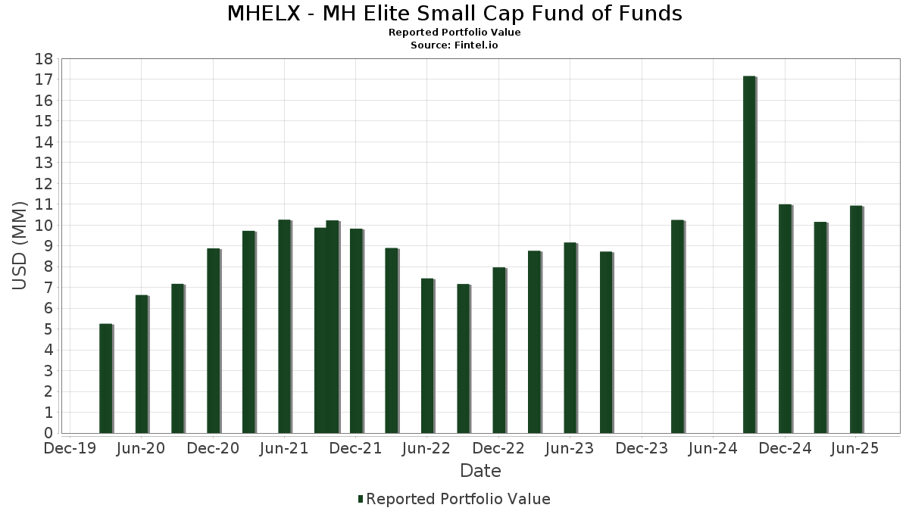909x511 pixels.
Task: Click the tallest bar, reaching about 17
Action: [x=749, y=254]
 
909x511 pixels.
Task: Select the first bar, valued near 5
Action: [x=105, y=379]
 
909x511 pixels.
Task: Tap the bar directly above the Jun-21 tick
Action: [x=284, y=326]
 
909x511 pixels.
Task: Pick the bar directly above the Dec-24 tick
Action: [x=785, y=319]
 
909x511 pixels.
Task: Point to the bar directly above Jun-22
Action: [x=427, y=356]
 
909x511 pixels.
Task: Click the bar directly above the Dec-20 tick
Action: [x=213, y=341]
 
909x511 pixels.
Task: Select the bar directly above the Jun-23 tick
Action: [x=570, y=338]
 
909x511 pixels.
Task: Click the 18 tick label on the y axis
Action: [x=43, y=59]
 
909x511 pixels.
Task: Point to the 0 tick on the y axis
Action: [x=48, y=433]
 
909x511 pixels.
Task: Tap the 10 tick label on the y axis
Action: [x=43, y=226]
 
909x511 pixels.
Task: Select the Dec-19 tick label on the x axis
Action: [x=70, y=449]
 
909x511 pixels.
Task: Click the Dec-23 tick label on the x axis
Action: [x=641, y=449]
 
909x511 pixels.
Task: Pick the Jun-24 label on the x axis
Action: [x=712, y=449]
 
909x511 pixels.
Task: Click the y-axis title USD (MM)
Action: [x=20, y=246]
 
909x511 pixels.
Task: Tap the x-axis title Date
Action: [x=480, y=471]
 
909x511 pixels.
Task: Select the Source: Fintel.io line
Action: [x=454, y=45]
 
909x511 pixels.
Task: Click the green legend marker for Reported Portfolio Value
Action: [x=361, y=499]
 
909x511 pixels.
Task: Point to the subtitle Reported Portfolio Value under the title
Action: [x=454, y=33]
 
